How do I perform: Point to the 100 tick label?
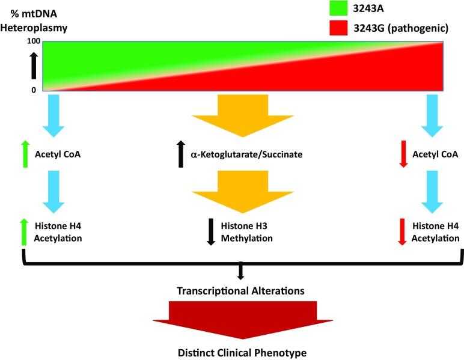[x=34, y=41]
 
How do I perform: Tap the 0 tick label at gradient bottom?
[x=34, y=90]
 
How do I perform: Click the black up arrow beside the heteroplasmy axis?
[x=34, y=66]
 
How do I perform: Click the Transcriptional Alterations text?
[x=240, y=290]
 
